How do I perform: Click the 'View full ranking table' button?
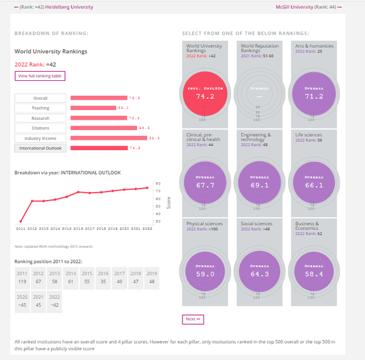click(40, 76)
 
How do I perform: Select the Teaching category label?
click(40, 108)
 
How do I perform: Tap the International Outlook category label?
click(40, 148)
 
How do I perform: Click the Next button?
click(192, 319)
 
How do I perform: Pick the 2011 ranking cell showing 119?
click(22, 277)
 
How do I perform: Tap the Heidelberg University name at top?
click(69, 7)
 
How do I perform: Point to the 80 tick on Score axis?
click(158, 184)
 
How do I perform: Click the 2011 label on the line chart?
click(21, 228)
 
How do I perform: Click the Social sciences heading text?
click(257, 224)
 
